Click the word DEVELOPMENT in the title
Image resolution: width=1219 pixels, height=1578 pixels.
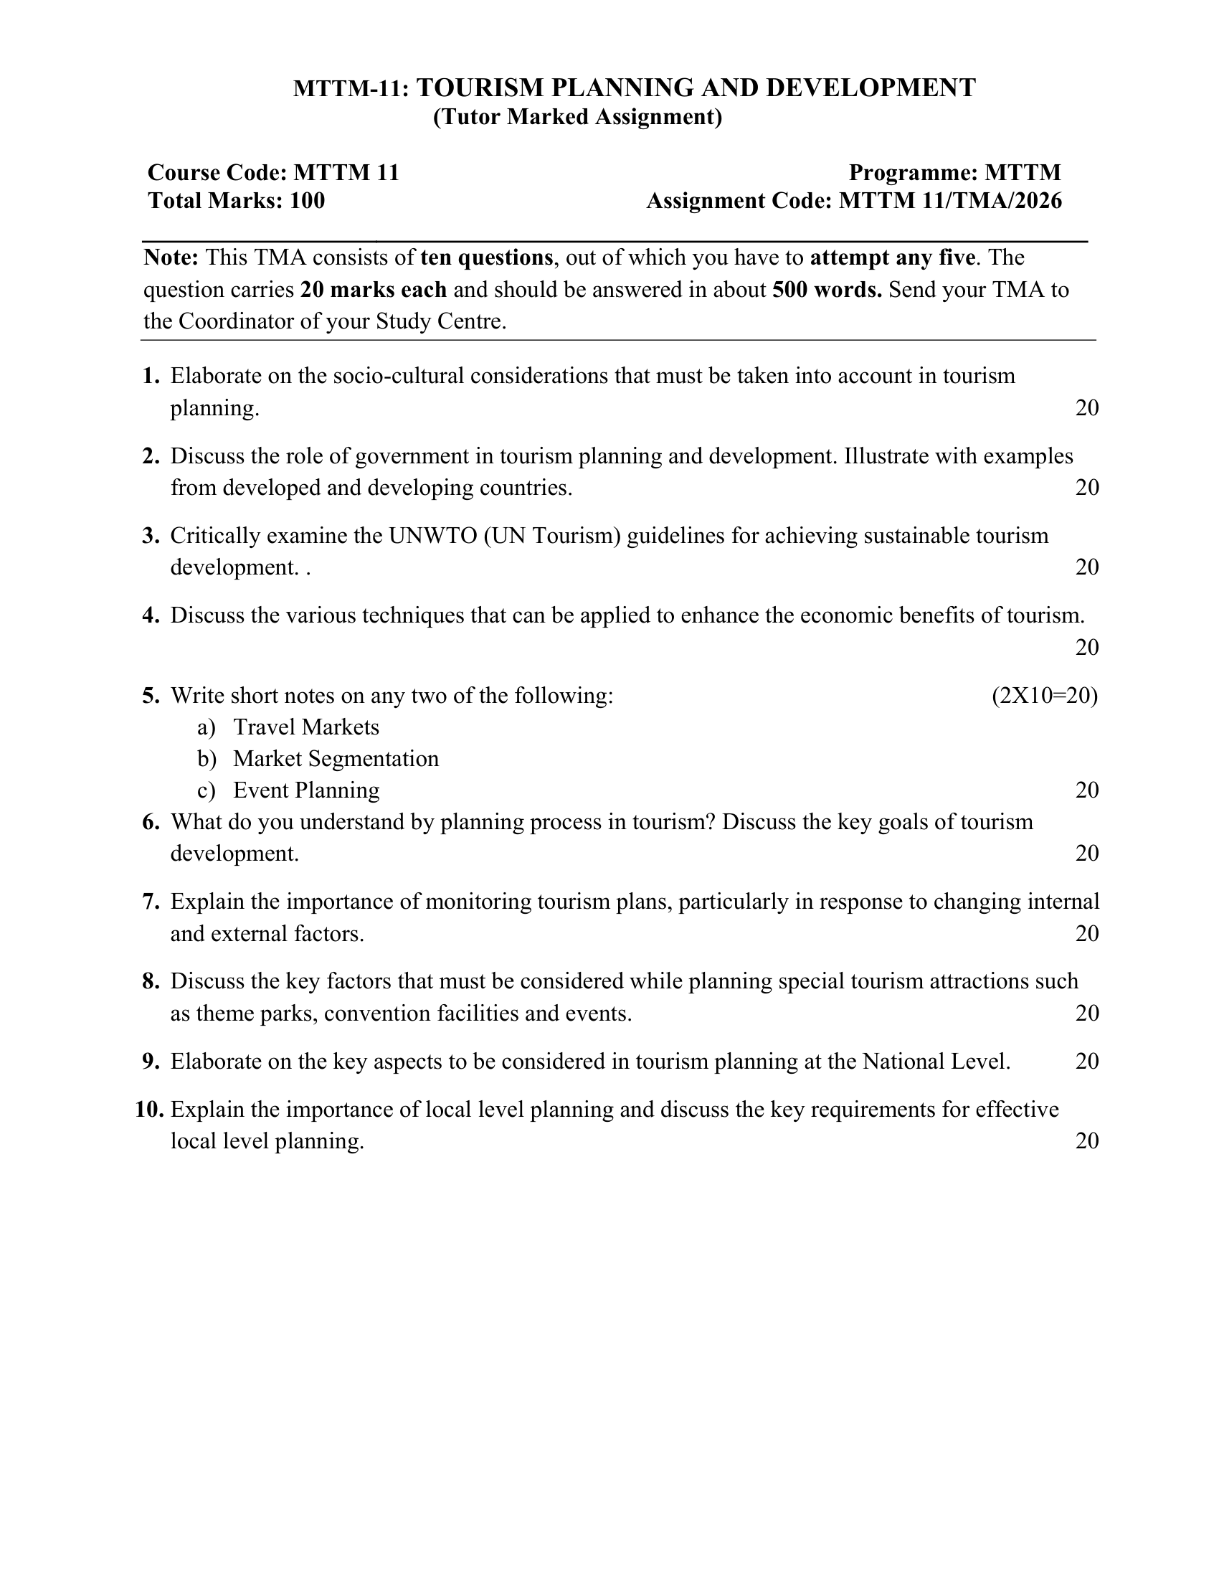[x=871, y=88]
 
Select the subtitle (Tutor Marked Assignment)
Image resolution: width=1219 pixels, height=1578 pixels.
[x=577, y=117]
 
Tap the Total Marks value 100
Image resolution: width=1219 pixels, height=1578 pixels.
[x=307, y=201]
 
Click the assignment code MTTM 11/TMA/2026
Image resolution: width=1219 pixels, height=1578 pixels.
[x=949, y=201]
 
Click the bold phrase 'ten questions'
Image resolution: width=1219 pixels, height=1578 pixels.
[x=486, y=258]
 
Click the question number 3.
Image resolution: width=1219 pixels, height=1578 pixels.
[x=150, y=536]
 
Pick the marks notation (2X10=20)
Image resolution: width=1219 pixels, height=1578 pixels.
[x=1044, y=696]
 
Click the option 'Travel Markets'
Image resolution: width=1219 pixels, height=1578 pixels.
[x=306, y=727]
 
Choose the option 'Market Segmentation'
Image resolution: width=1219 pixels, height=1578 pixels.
[x=336, y=760]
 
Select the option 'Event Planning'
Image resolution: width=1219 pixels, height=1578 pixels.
[x=306, y=791]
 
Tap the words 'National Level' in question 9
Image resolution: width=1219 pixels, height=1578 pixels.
[x=935, y=1062]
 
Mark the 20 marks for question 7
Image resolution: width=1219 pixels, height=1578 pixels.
[x=1087, y=934]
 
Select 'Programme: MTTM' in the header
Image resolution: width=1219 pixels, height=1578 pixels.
[x=954, y=173]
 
